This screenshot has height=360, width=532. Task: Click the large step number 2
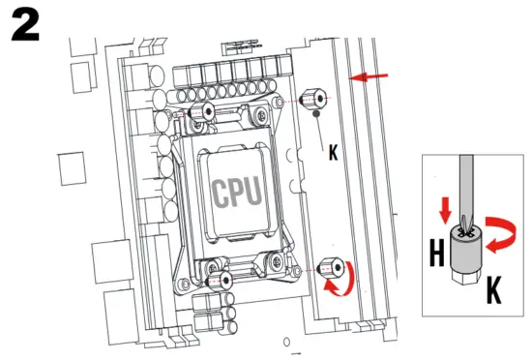pos(25,26)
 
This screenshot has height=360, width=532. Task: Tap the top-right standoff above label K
pos(313,100)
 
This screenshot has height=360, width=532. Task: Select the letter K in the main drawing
pos(334,153)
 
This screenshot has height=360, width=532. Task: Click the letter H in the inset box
pos(436,255)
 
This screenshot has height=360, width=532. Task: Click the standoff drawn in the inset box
pos(466,255)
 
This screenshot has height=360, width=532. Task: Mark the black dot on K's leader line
pos(315,115)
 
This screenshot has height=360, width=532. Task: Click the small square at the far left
pos(73,169)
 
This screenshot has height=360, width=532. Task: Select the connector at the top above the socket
pos(243,45)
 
